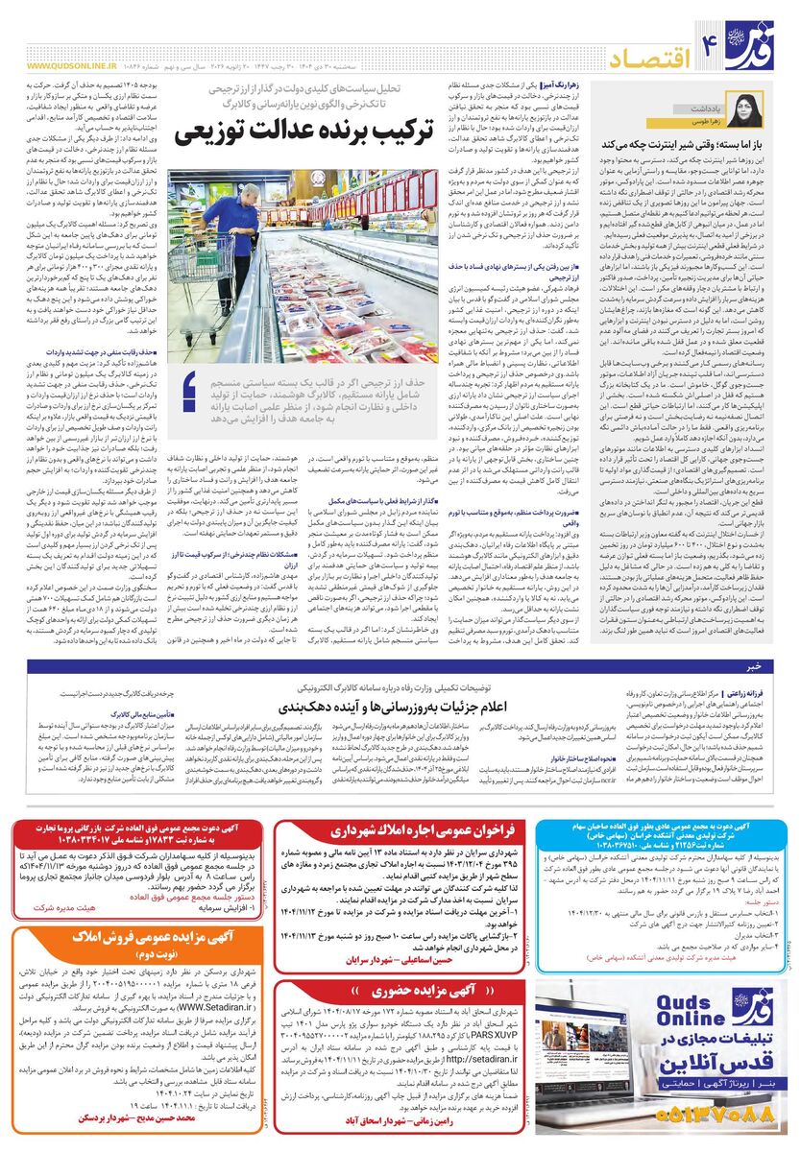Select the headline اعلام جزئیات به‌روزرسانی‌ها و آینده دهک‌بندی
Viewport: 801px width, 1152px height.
tap(389, 707)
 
